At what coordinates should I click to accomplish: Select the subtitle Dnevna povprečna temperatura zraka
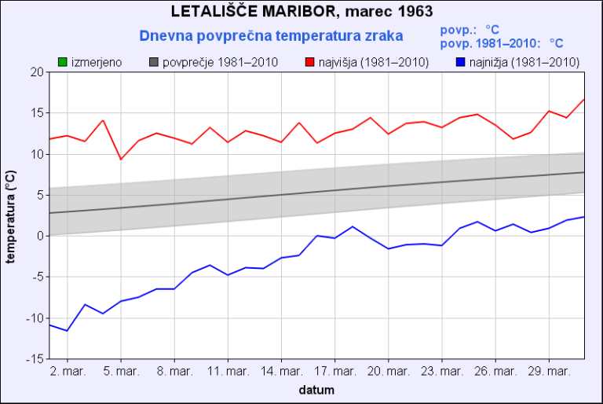pyautogui.click(x=271, y=35)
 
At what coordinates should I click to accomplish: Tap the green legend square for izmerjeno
pyautogui.click(x=63, y=61)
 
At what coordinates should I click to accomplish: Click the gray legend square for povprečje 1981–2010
pyautogui.click(x=154, y=61)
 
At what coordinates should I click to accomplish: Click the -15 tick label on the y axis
pyautogui.click(x=35, y=358)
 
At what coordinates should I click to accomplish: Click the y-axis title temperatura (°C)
pyautogui.click(x=11, y=215)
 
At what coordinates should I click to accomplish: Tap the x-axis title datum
pyautogui.click(x=316, y=390)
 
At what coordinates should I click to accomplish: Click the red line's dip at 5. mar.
pyautogui.click(x=121, y=160)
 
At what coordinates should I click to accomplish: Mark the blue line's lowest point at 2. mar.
pyautogui.click(x=67, y=330)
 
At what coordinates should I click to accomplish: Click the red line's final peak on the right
pyautogui.click(x=584, y=99)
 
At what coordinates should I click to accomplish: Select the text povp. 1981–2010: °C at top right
pyautogui.click(x=502, y=44)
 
